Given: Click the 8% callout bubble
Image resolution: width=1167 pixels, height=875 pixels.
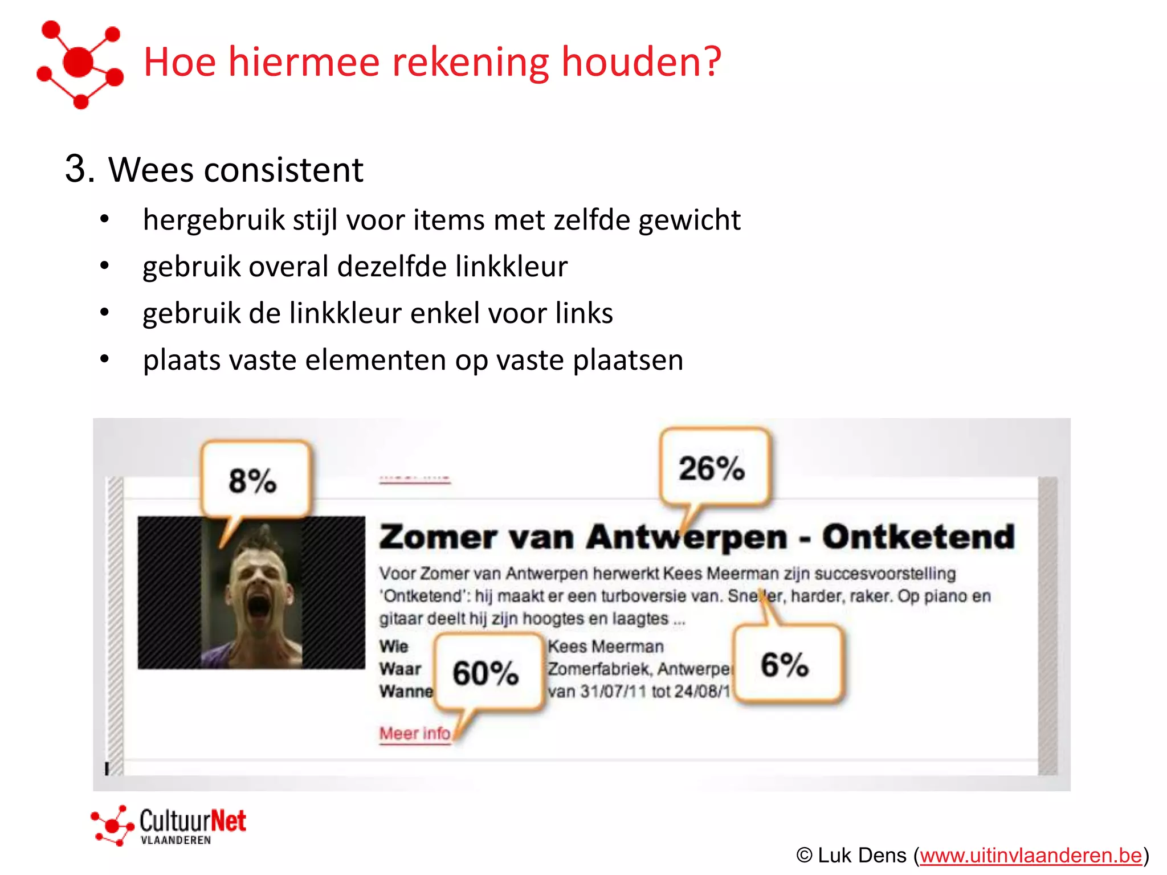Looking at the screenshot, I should click(x=254, y=480).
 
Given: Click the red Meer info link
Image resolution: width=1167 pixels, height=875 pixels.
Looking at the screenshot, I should click(x=415, y=733).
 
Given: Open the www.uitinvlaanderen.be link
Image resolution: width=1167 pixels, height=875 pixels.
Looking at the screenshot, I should click(x=1030, y=856).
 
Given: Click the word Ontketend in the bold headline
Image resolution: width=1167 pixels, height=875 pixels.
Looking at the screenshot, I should click(x=919, y=537).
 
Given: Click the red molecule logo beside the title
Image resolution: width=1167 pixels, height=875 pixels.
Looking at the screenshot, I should click(x=80, y=63).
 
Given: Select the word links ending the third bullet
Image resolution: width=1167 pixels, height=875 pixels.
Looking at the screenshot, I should click(x=584, y=313).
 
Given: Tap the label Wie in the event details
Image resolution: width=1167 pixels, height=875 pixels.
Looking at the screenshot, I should click(x=394, y=647).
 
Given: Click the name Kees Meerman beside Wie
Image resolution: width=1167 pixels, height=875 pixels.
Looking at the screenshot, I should click(x=606, y=647).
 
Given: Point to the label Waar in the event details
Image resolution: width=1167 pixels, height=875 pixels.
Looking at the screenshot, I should click(x=400, y=669).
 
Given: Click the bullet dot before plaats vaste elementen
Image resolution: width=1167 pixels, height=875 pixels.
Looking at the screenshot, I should click(x=104, y=359).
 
